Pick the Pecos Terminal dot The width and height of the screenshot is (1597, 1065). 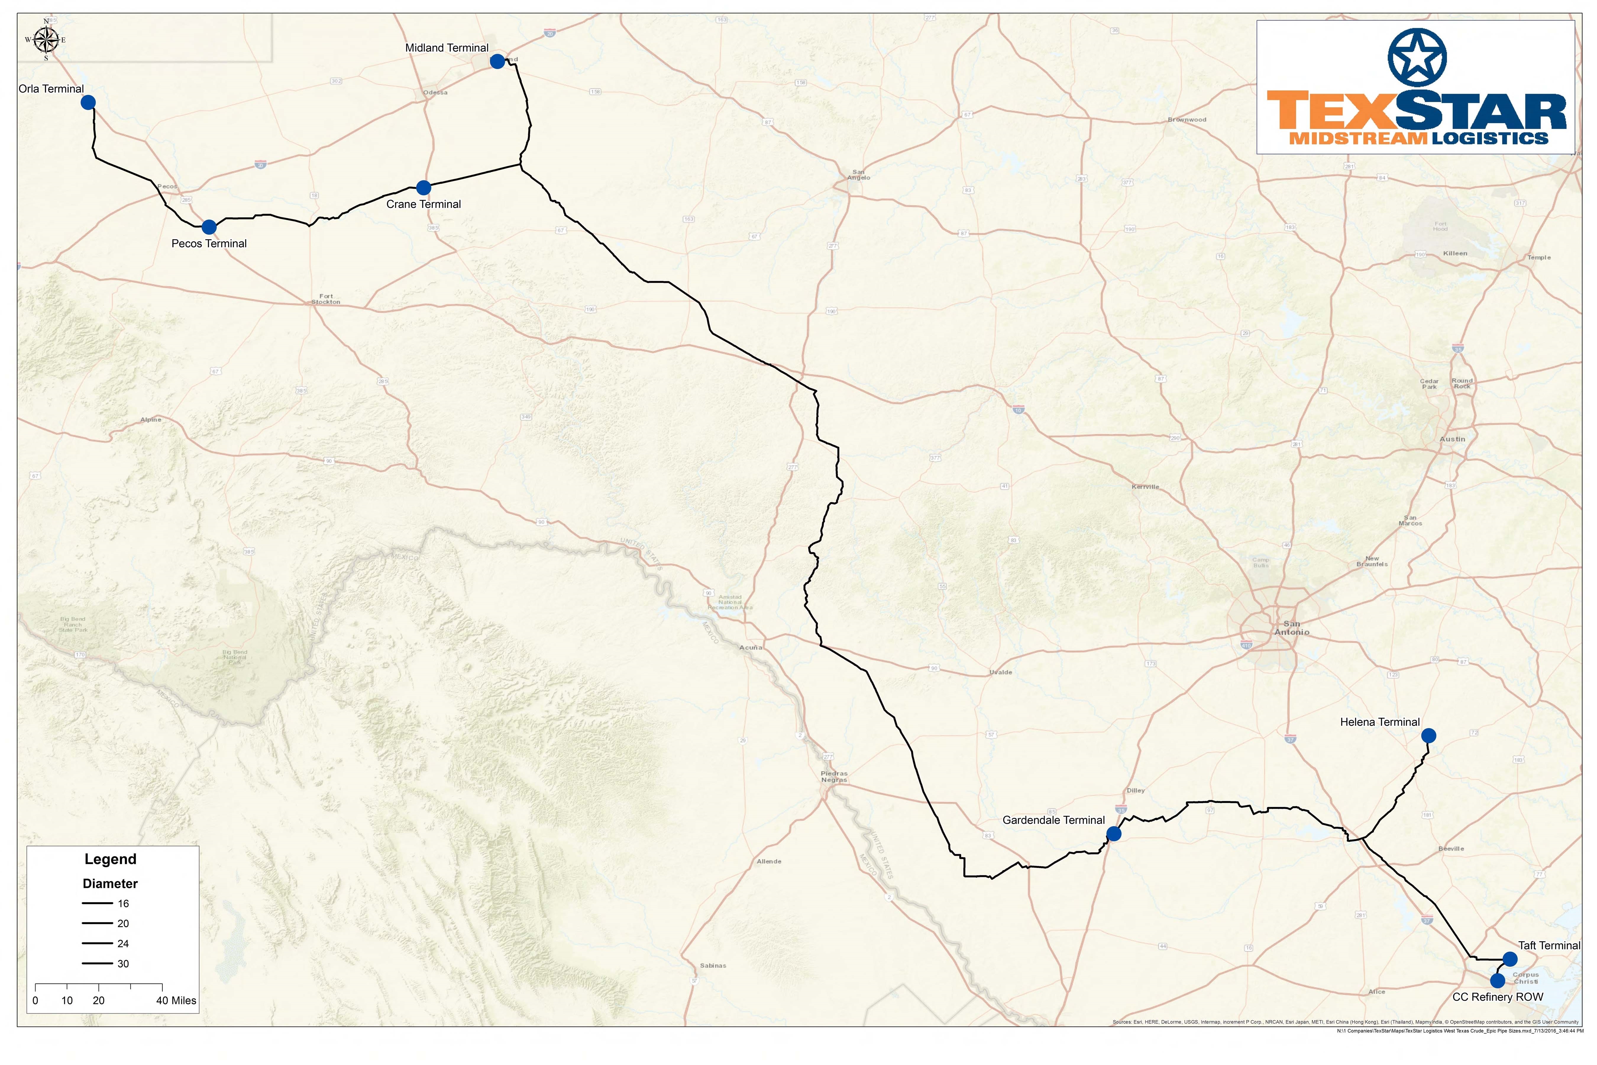[209, 227]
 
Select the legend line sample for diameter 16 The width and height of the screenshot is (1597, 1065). [97, 903]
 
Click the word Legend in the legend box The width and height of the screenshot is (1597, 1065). [110, 859]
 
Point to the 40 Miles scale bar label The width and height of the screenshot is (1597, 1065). [176, 1001]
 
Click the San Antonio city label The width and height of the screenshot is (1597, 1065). [1291, 627]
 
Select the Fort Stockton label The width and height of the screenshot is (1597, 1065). [326, 299]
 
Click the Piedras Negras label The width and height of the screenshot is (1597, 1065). [834, 776]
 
